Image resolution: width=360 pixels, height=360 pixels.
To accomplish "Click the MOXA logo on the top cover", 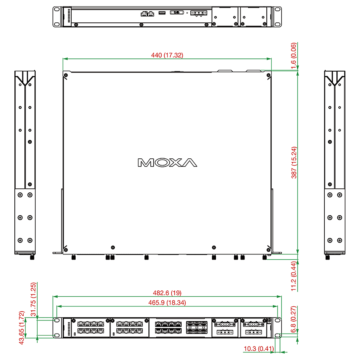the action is pos(167,162).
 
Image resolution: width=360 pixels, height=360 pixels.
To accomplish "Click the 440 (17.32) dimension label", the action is pos(167,55).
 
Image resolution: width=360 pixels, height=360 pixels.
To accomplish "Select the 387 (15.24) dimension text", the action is pos(294,162).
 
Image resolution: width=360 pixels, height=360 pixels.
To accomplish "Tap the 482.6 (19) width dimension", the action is pos(167,293).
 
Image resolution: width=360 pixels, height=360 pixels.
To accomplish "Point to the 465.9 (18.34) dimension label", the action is pos(167,303).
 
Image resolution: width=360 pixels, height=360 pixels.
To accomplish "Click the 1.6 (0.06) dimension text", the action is pos(294,56).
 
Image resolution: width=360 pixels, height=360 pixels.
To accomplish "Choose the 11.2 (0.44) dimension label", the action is pos(294,276).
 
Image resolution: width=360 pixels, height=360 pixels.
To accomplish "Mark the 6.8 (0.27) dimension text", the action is pos(294,319).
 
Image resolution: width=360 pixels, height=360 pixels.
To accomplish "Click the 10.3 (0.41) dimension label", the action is pos(259,348).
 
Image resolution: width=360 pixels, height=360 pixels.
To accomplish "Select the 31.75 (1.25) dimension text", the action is pos(33,299).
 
